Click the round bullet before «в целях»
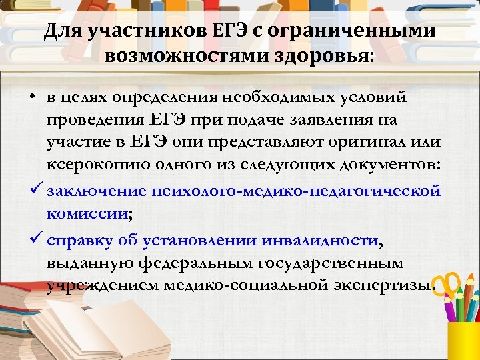(32, 98)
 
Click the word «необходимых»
(271, 98)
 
